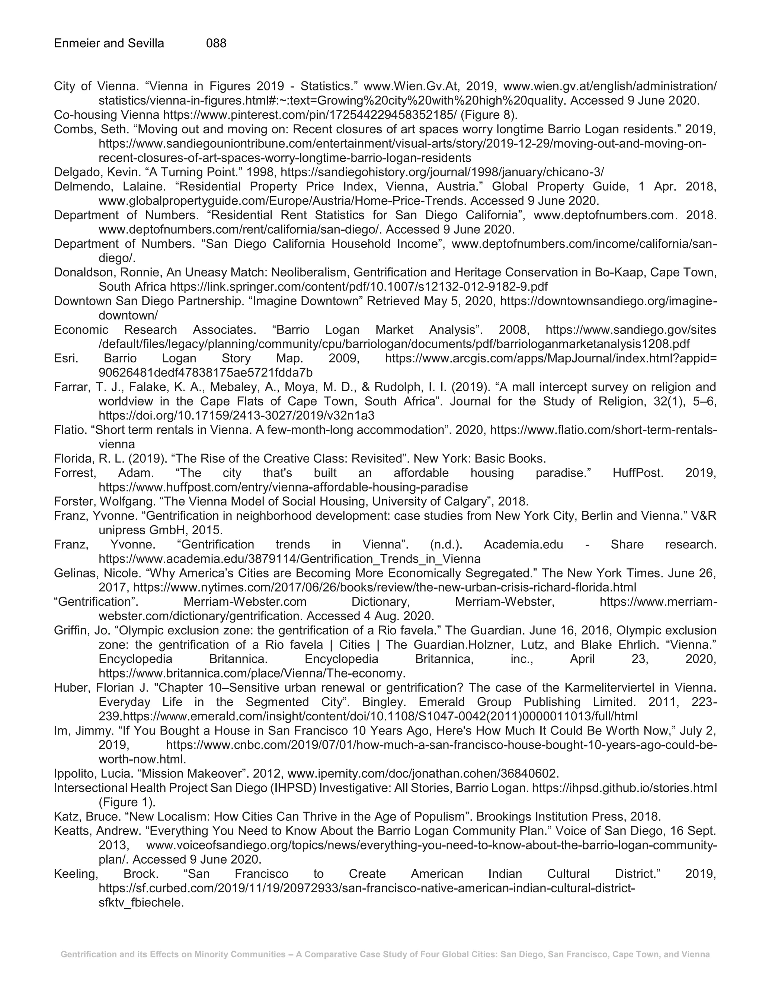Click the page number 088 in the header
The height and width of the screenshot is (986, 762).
coord(216,43)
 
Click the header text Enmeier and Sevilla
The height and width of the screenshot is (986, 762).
coord(109,43)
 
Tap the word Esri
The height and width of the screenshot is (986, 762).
coord(66,358)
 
